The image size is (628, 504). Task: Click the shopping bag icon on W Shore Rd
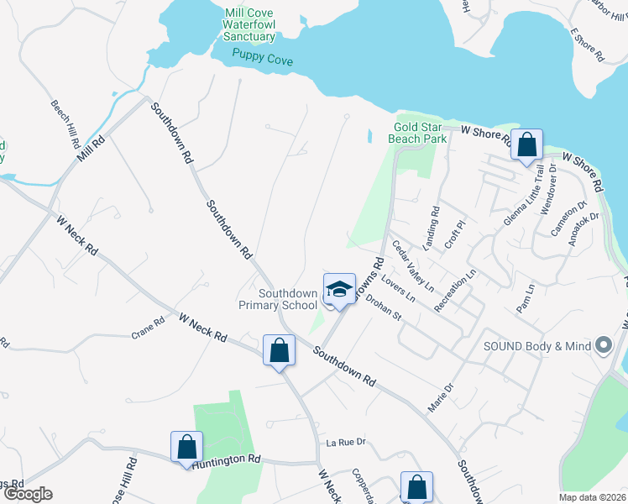pyautogui.click(x=526, y=144)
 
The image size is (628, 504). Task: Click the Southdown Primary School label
pyautogui.click(x=288, y=299)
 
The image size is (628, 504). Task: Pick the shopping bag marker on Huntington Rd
pyautogui.click(x=187, y=447)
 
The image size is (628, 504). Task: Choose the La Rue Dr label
pyautogui.click(x=347, y=442)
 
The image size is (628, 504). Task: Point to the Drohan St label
pyautogui.click(x=385, y=310)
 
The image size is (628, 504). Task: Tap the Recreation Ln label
pyautogui.click(x=456, y=291)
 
